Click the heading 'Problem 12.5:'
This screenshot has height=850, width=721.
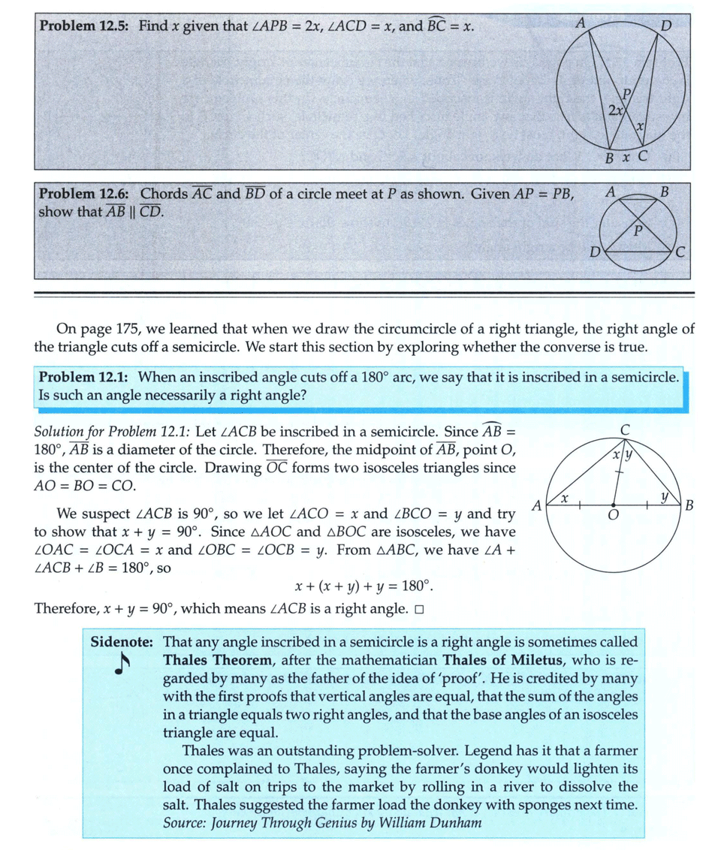(x=84, y=26)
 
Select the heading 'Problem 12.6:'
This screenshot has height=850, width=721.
(x=84, y=194)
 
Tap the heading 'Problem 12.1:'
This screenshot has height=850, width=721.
(x=84, y=376)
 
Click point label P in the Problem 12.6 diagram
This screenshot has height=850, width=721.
(x=638, y=230)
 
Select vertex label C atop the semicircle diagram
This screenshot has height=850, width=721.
(x=625, y=429)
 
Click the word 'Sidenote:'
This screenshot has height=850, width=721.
(x=122, y=642)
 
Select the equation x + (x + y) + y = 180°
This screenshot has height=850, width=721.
(x=363, y=586)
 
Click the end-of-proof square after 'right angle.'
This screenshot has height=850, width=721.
(x=419, y=608)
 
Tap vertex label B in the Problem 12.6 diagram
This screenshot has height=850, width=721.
(x=663, y=192)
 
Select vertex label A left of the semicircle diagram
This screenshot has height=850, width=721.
(x=536, y=505)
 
